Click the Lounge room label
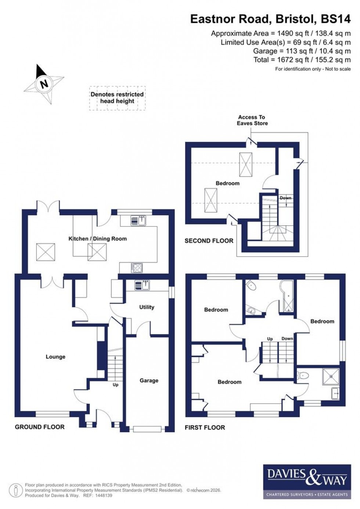click(55, 356)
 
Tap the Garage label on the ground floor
click(149, 380)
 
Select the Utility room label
click(147, 307)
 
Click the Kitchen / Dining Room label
click(98, 239)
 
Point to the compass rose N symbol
click(44, 84)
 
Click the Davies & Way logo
click(307, 481)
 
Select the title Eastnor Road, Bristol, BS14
click(270, 19)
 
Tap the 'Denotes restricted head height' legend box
click(117, 98)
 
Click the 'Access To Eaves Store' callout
click(252, 120)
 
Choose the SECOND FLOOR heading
click(209, 241)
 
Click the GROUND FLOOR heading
click(40, 427)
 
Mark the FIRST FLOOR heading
click(205, 427)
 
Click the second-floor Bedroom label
click(227, 183)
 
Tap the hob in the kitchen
click(137, 268)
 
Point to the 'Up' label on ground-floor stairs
click(115, 385)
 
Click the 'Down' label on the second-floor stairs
click(285, 198)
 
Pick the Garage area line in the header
click(302, 51)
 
